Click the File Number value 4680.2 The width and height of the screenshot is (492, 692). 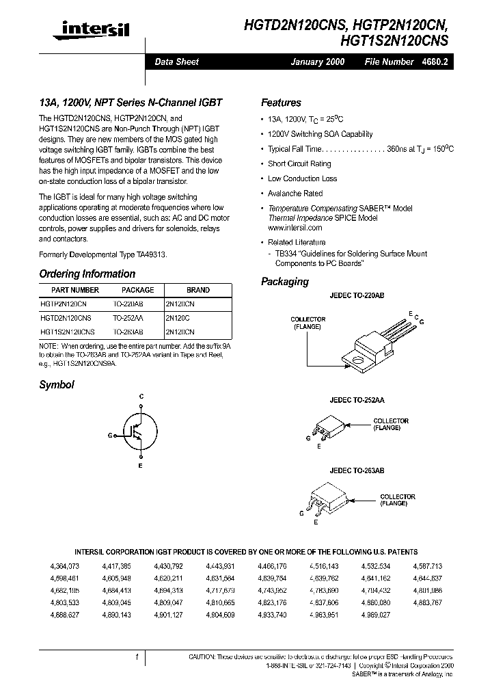point(435,62)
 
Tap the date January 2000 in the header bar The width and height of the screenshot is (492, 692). point(318,62)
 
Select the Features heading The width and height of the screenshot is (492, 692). point(281,103)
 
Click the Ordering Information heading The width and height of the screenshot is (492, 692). point(87,274)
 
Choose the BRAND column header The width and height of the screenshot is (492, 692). point(197,290)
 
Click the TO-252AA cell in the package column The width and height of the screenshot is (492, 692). point(128,318)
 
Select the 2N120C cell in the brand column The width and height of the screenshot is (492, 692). point(179,318)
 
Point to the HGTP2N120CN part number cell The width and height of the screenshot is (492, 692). point(64,304)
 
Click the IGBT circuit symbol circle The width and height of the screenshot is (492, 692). point(140,432)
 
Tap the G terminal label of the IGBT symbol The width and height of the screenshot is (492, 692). point(110,434)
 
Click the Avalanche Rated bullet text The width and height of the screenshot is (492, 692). point(295,194)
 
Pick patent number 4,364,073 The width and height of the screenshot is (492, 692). point(65,566)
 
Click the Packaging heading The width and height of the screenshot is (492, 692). point(285,282)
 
